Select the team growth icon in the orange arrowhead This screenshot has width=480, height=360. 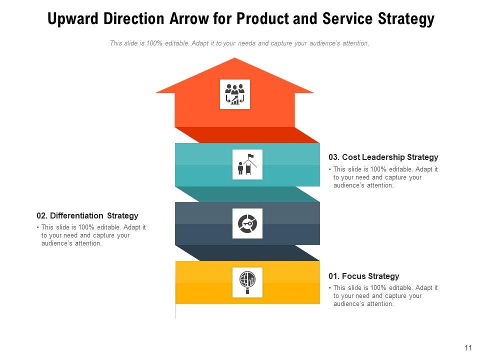coord(234,94)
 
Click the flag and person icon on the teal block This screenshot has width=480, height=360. coord(247,164)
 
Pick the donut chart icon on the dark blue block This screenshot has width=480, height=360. coord(247,223)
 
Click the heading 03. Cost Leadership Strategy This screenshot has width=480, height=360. coord(383,157)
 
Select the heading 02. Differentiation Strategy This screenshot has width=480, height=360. coord(87,216)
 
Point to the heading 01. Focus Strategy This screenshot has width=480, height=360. coord(363,276)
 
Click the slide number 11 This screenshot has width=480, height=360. coord(468,348)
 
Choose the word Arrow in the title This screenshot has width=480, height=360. coord(184,19)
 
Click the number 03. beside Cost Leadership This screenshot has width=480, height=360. coord(334,157)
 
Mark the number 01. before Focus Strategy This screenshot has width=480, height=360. coord(333,276)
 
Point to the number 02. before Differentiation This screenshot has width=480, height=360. coord(42,216)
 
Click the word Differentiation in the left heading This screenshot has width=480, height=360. coord(77,216)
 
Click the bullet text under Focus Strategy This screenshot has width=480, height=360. coord(385,295)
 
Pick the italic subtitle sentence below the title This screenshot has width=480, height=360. coord(239,43)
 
